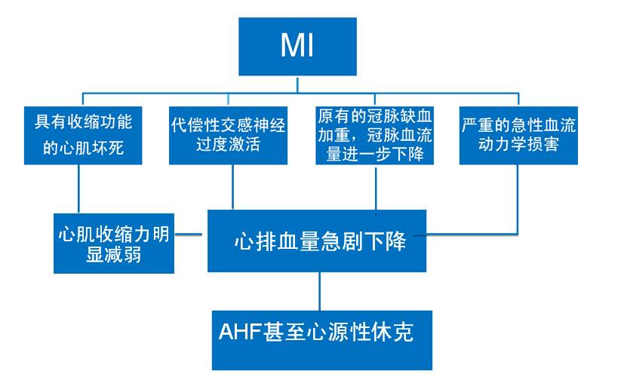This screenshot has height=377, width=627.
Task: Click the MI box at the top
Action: [x=297, y=48]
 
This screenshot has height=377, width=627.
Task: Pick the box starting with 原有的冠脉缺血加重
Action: [x=374, y=134]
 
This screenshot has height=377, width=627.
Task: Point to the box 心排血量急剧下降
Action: [x=318, y=241]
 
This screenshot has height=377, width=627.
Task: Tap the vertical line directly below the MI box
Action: [x=297, y=84]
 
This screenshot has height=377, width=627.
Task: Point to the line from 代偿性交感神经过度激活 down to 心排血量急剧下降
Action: [x=232, y=187]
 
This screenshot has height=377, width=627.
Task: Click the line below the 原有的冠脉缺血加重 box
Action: [x=375, y=187]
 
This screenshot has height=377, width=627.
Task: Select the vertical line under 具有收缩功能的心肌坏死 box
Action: [x=79, y=188]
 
